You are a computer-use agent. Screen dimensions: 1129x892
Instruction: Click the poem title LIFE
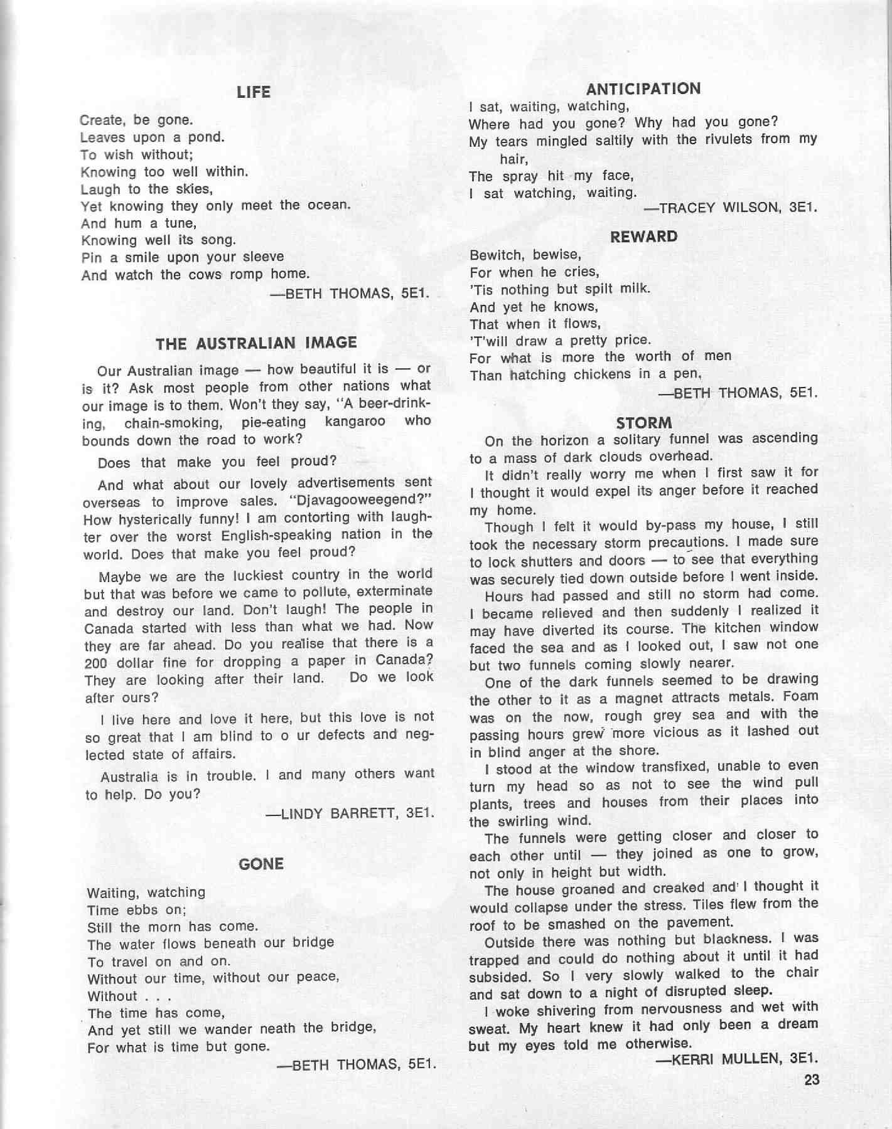click(x=254, y=93)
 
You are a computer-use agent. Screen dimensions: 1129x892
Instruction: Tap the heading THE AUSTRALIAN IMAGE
click(x=256, y=343)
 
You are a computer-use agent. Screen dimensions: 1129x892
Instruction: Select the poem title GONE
click(x=261, y=864)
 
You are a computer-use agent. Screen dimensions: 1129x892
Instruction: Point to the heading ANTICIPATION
click(x=643, y=89)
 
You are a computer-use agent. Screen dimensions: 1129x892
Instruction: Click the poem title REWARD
click(x=644, y=236)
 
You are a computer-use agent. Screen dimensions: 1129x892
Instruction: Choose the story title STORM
click(x=644, y=423)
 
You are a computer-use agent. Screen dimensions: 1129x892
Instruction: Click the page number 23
click(x=812, y=1079)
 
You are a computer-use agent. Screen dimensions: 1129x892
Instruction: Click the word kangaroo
click(x=355, y=421)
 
